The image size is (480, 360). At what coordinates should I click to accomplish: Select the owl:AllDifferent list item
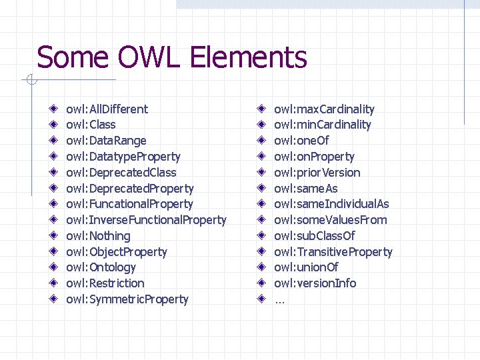point(107,109)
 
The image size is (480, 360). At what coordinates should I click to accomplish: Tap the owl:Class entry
point(91,125)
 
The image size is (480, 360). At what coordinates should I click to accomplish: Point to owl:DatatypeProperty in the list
point(123,157)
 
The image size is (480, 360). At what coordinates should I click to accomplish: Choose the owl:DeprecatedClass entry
point(121,173)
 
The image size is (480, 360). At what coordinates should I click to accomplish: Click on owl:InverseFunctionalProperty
point(146,220)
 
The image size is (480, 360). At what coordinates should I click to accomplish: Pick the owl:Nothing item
point(98,236)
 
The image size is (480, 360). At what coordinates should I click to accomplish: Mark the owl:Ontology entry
point(101,267)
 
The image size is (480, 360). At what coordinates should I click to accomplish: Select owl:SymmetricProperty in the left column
point(127,299)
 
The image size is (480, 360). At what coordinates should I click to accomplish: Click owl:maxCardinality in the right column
point(324,109)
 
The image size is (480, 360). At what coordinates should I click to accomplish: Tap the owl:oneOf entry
point(301,141)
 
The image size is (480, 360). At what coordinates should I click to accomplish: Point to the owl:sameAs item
point(305,189)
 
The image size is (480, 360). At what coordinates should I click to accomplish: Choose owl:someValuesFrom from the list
point(330,220)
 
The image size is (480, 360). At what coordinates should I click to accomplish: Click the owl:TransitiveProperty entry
point(333,252)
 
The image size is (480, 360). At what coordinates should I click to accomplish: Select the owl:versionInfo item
point(315,283)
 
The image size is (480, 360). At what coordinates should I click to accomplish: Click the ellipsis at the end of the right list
point(279,300)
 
